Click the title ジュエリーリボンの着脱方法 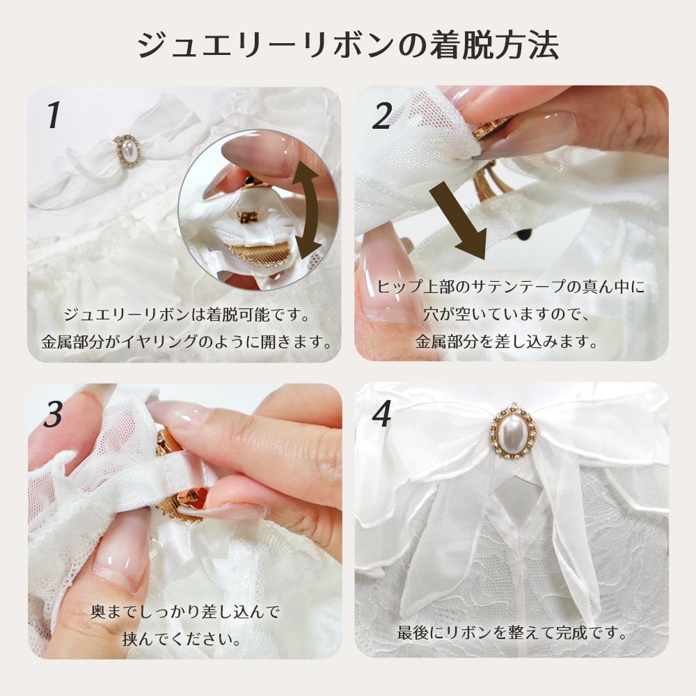347,45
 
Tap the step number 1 54,116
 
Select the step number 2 381,116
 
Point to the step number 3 54,415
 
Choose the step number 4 381,413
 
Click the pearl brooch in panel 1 128,150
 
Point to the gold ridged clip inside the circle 255,255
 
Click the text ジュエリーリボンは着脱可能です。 187,315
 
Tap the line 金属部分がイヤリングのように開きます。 187,341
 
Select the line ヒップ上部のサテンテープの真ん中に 510,287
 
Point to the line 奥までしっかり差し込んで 185,612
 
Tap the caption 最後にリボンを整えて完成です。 512,633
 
